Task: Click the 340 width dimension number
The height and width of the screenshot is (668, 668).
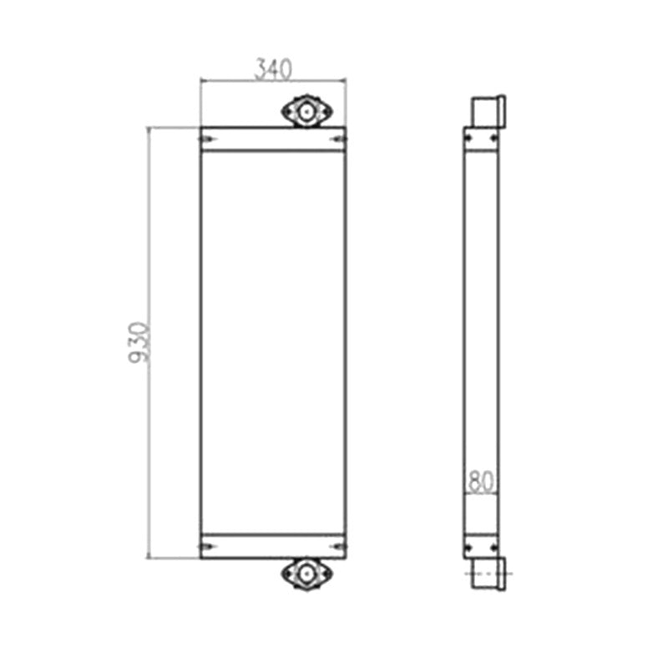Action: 273,69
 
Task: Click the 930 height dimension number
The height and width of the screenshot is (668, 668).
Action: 139,342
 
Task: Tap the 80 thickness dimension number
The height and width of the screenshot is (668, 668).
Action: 481,482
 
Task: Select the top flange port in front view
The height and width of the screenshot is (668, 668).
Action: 306,111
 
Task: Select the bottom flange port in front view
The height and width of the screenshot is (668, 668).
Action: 306,574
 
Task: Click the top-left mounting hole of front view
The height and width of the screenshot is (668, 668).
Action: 207,139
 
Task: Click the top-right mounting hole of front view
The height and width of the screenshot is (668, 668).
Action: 339,139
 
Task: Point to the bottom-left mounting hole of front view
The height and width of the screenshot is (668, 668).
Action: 207,547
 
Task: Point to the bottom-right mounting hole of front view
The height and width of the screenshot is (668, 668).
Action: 339,547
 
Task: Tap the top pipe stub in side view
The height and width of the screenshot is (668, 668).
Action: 488,111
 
